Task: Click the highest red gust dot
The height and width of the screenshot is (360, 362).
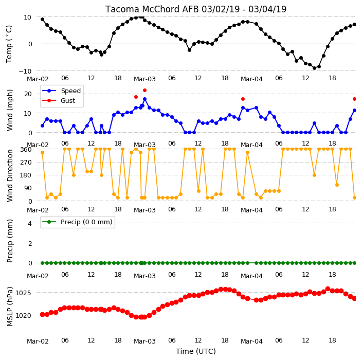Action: [145, 91]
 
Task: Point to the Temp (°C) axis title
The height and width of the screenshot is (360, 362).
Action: [9, 44]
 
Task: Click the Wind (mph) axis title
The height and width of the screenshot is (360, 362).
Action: [9, 110]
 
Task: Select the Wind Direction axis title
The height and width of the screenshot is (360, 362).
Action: [9, 175]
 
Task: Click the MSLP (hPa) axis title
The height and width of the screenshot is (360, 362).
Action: [9, 307]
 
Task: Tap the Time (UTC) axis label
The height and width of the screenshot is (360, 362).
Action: [196, 351]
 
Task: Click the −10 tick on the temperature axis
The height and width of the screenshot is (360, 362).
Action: [25, 71]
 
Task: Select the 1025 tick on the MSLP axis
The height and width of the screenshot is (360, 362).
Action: [23, 293]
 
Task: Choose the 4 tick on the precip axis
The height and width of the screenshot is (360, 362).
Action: [30, 223]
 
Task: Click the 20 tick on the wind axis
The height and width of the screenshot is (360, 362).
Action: [28, 94]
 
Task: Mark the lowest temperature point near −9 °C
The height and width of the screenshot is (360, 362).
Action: [315, 68]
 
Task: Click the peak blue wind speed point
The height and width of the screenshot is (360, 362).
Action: [145, 99]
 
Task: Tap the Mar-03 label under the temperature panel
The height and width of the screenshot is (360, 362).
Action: [145, 79]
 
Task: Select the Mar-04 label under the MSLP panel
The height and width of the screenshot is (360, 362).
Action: [251, 341]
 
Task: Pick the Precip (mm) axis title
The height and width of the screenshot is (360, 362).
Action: [9, 241]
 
